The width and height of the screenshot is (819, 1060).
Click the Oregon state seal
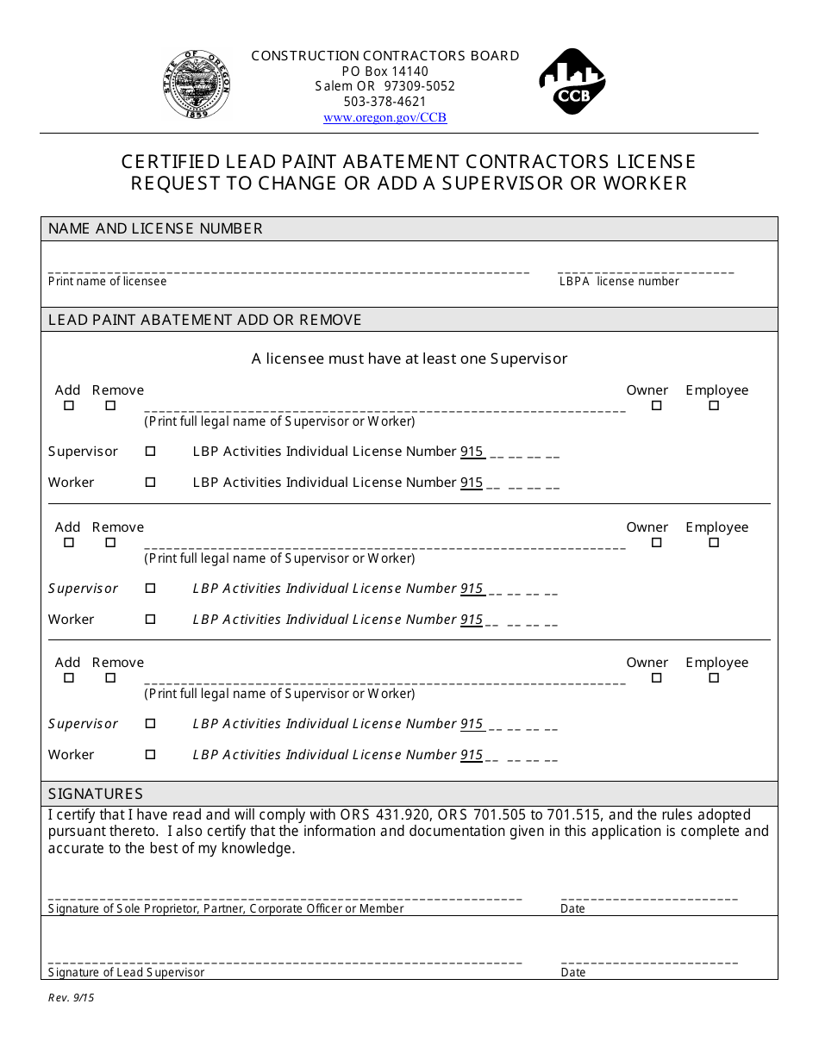[197, 84]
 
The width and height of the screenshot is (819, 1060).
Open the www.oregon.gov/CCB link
[384, 118]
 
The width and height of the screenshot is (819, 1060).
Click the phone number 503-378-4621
[384, 102]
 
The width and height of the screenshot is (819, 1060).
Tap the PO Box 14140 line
[384, 71]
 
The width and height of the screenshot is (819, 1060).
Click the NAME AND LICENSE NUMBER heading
[155, 228]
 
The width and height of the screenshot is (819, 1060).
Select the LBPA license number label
[618, 282]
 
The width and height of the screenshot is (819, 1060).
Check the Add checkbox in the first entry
[69, 406]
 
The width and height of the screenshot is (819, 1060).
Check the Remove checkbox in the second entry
[110, 543]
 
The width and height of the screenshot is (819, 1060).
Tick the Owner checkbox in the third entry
[656, 678]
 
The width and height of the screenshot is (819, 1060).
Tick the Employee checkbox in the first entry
[714, 406]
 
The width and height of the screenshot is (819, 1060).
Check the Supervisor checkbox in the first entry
[150, 451]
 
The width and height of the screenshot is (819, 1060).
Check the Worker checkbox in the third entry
[150, 754]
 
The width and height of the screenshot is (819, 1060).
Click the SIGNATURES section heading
[95, 794]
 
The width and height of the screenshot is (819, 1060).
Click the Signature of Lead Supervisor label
[126, 972]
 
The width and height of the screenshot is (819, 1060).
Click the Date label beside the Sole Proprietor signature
[572, 908]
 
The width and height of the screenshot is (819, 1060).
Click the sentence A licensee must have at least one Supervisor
[409, 359]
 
